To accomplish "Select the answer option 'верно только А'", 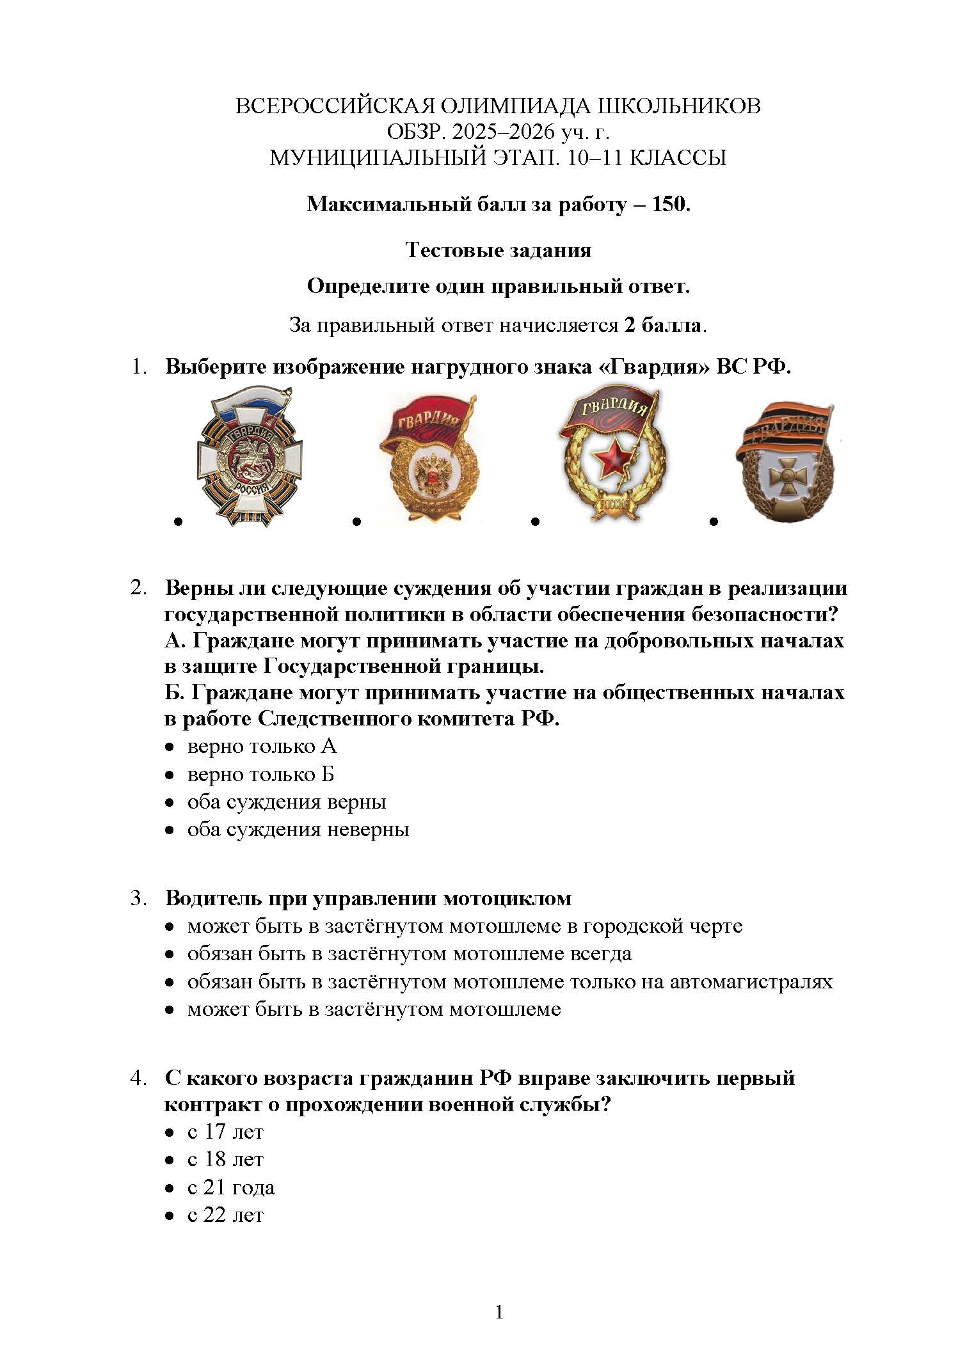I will pos(261,747).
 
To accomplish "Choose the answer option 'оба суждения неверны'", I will pos(298,830).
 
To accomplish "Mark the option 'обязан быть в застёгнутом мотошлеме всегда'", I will pos(409,954).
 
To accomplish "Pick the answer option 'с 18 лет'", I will pos(225,1159).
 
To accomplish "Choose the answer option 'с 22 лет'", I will pos(225,1215).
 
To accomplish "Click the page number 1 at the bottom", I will pos(499,1313).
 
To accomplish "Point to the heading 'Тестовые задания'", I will pos(498,249).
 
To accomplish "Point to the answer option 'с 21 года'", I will pos(230,1187).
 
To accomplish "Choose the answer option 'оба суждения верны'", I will pos(286,802).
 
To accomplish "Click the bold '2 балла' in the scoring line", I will pos(663,326).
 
